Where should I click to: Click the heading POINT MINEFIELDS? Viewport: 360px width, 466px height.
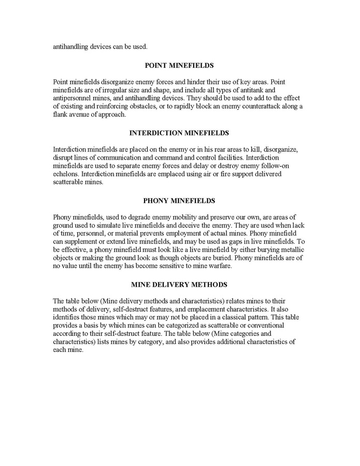179,66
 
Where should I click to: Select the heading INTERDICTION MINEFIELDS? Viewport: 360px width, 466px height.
179,133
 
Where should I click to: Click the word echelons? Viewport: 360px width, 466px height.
66,174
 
